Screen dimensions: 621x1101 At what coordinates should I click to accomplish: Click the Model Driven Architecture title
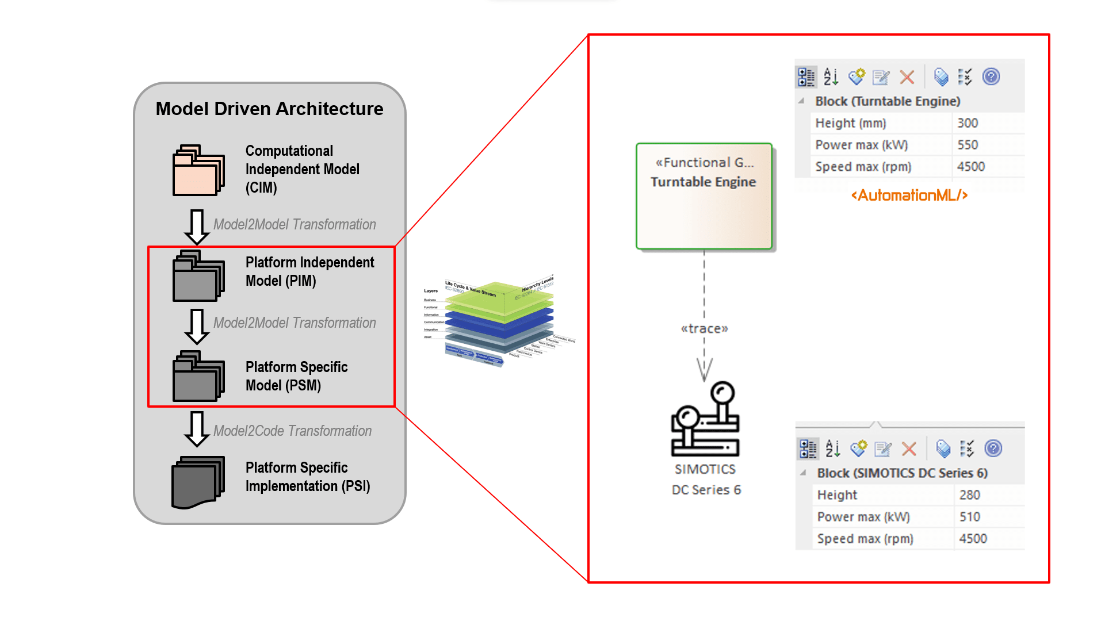pos(269,109)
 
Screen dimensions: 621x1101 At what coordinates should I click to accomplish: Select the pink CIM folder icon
pos(198,171)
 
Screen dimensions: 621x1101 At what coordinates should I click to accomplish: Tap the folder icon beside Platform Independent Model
pos(198,276)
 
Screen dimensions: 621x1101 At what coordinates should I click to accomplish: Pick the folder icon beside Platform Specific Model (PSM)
pos(198,376)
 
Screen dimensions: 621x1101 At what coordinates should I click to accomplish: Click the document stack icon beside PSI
pos(198,482)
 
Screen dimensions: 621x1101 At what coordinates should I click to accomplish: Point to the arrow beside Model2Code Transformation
pos(197,429)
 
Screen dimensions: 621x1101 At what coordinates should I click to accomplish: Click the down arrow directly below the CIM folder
pos(197,227)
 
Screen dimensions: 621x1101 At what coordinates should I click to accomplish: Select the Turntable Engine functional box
pos(704,196)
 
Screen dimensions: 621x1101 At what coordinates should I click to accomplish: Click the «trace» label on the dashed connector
pos(704,329)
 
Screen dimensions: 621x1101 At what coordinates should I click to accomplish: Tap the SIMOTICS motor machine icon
pos(705,419)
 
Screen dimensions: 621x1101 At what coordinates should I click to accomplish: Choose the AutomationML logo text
pos(909,195)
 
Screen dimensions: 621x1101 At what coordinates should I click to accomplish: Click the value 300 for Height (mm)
pos(968,123)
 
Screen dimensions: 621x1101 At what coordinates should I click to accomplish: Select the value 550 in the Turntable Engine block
pos(968,145)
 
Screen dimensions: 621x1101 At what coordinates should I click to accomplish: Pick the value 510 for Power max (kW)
pos(970,517)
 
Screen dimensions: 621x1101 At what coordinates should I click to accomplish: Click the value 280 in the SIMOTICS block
pos(970,495)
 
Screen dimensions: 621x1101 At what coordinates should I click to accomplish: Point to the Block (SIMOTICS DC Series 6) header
pos(902,473)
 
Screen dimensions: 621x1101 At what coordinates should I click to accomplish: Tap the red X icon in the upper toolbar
pos(907,77)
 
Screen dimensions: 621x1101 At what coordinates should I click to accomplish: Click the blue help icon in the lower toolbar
pos(993,448)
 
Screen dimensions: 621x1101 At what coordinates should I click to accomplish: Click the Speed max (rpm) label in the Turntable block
pos(863,167)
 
